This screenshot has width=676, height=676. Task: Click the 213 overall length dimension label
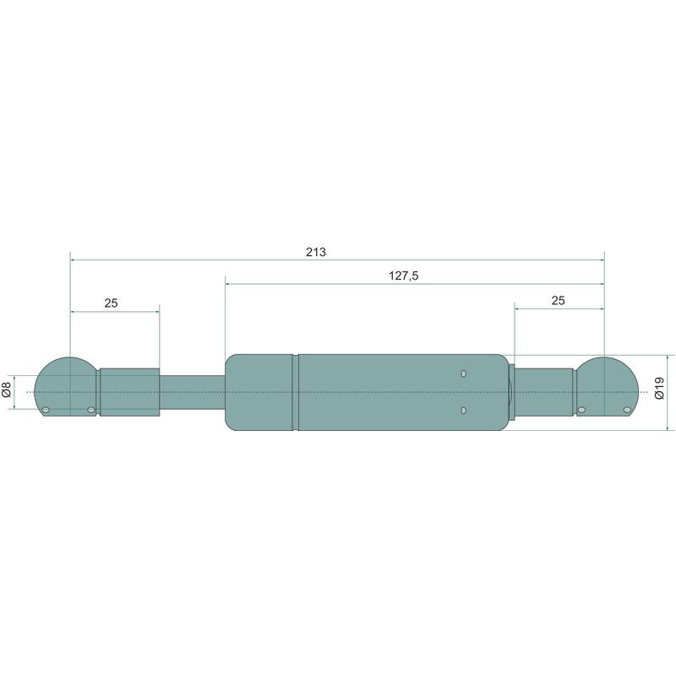click(x=315, y=252)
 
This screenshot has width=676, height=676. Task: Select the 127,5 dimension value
click(x=404, y=276)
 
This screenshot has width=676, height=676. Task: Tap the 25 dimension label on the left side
click(x=111, y=303)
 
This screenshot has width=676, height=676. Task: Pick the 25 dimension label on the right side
click(x=558, y=301)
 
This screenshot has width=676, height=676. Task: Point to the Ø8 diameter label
click(x=7, y=390)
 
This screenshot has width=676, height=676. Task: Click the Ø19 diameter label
click(x=660, y=388)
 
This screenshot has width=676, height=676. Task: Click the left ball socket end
click(x=66, y=386)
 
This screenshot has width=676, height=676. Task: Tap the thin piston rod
click(x=193, y=392)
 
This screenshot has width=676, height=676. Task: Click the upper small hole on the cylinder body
click(x=463, y=373)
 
